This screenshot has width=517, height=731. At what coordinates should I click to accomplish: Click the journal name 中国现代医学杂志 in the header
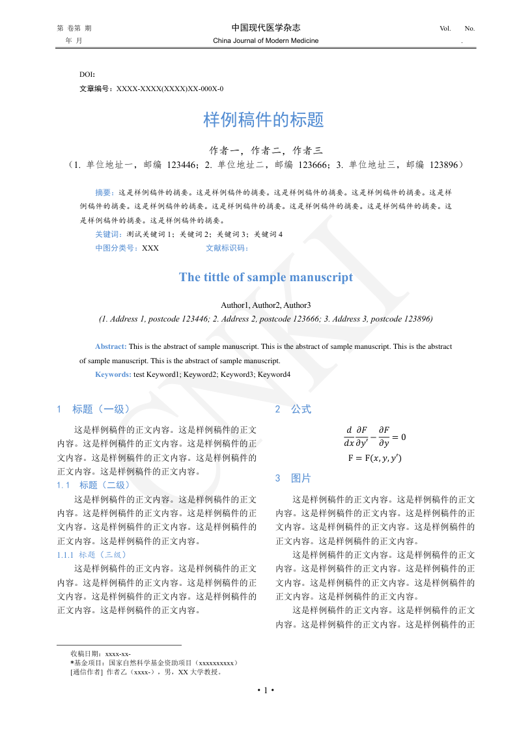(x=266, y=27)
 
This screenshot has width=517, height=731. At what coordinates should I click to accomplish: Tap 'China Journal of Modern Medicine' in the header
(x=266, y=41)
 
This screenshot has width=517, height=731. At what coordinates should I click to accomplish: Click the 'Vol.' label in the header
(x=445, y=29)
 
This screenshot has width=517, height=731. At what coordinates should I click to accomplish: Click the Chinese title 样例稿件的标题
(x=264, y=120)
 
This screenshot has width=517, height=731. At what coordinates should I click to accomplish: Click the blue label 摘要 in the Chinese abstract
(x=104, y=193)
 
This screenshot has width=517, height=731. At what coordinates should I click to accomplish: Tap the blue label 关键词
(x=108, y=234)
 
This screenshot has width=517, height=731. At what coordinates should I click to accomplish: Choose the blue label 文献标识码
(x=227, y=248)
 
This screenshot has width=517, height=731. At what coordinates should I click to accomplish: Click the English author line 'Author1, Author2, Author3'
(x=266, y=305)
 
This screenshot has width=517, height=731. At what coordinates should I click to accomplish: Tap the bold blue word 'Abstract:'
(x=111, y=347)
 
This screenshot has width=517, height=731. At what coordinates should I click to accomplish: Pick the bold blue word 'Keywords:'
(x=113, y=374)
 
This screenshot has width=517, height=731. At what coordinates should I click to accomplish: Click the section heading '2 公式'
(x=293, y=409)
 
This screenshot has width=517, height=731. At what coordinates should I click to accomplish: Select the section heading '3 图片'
(x=293, y=478)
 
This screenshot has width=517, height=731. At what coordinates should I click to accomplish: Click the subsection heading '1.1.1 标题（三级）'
(x=92, y=555)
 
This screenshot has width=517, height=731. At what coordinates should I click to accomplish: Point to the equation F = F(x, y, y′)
(x=374, y=458)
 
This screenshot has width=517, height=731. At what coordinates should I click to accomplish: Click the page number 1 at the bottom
(x=266, y=690)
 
